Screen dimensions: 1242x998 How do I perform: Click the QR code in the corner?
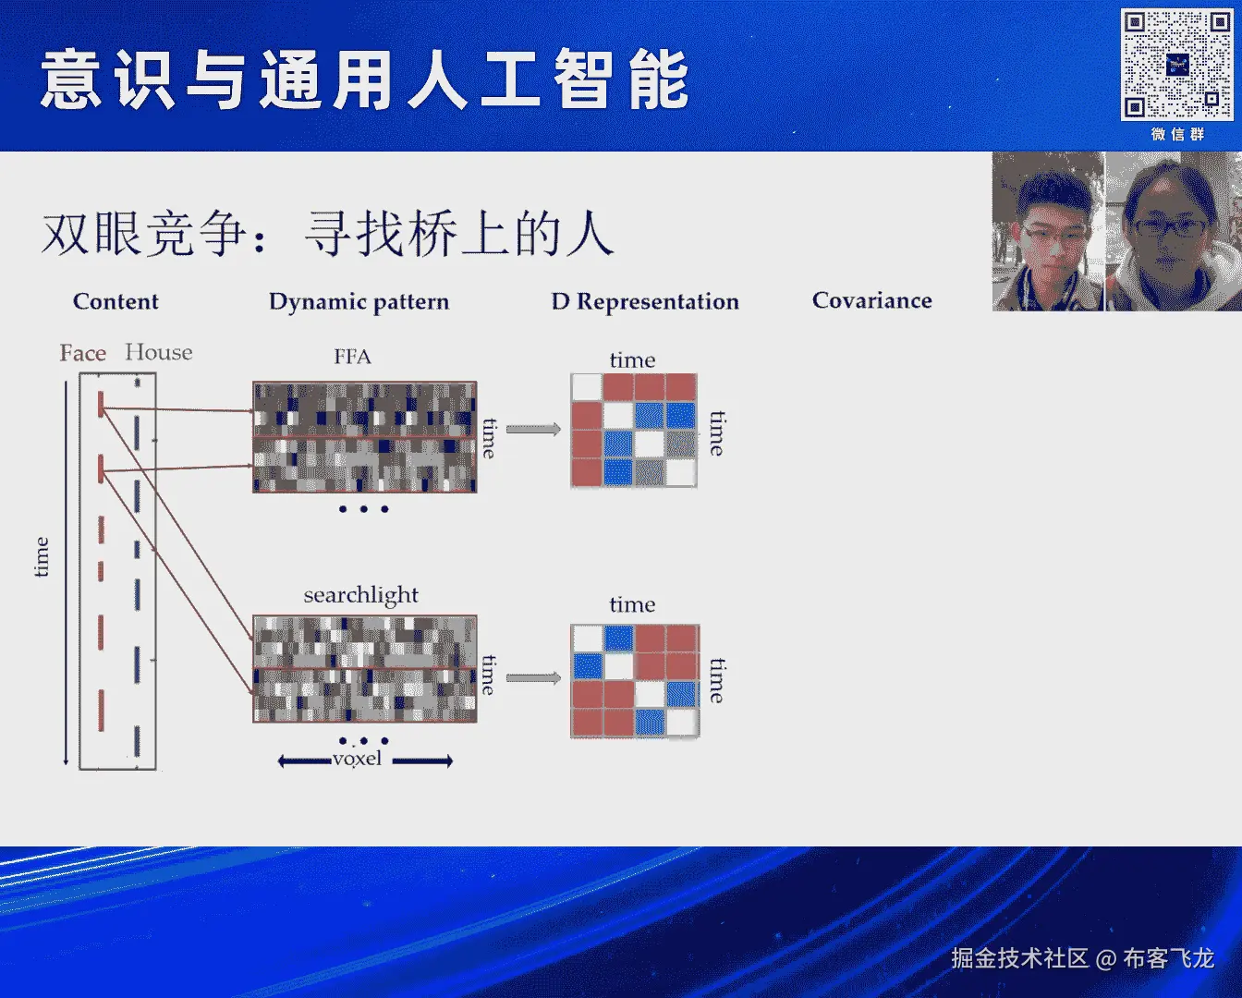tap(1175, 65)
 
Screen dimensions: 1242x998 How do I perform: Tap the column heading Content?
tap(116, 301)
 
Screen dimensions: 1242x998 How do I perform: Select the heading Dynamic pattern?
tap(359, 301)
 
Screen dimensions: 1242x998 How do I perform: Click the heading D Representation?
tap(645, 301)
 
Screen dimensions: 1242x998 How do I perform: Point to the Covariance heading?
tap(871, 300)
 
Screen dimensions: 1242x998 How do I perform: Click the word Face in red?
tap(82, 353)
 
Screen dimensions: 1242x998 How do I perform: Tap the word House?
tap(159, 352)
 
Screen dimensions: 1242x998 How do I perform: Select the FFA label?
tap(352, 357)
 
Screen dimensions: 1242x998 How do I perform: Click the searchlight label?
tap(360, 595)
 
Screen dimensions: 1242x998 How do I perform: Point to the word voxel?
tap(357, 760)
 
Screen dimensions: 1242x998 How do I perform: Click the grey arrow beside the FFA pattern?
tap(533, 429)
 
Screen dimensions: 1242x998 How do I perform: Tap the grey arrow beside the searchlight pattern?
tap(533, 678)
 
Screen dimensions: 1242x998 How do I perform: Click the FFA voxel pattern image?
tap(365, 436)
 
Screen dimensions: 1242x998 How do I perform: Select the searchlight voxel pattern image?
tap(365, 668)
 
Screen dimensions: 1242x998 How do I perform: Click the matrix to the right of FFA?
tap(634, 431)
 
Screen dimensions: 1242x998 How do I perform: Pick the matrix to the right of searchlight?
tap(635, 681)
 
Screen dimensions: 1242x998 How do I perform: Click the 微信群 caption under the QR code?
tap(1177, 134)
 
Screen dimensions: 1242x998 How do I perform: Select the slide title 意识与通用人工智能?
tap(364, 80)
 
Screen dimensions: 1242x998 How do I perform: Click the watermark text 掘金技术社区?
tap(1019, 958)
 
